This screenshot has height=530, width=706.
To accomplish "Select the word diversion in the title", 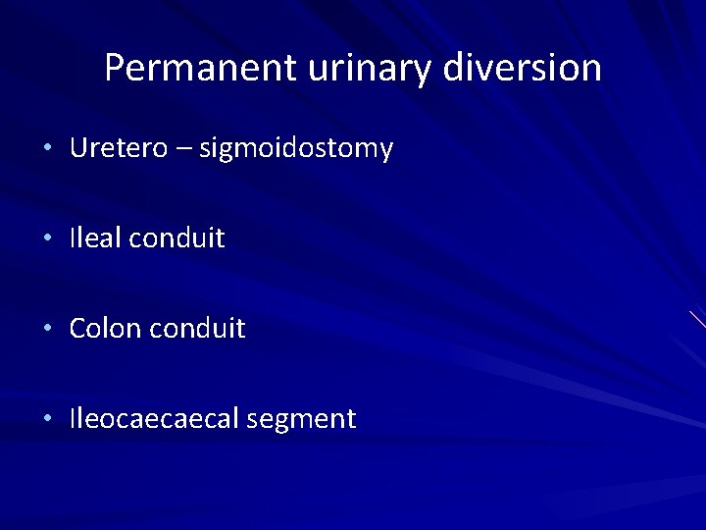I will pos(523,68).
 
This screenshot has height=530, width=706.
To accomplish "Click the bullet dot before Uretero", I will pos(48,149).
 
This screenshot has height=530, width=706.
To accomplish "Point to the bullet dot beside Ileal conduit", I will pos(48,238).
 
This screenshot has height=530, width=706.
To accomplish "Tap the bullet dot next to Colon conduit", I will pos(48,329).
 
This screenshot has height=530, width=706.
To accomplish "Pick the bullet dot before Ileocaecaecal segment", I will pos(48,419).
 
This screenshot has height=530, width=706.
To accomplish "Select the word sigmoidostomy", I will pos(296,149).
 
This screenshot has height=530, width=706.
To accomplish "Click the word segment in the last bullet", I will pos(302,420).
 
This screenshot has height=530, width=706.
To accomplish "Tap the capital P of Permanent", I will pos(115,68).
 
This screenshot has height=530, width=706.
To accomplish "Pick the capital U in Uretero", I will pos(78,148).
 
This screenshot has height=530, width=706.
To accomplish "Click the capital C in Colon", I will pos(77,328).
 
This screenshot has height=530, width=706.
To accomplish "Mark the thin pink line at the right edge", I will pos(697,319).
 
